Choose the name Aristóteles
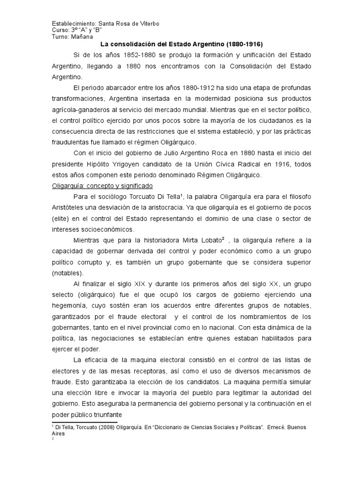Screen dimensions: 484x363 click(x=72, y=208)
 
